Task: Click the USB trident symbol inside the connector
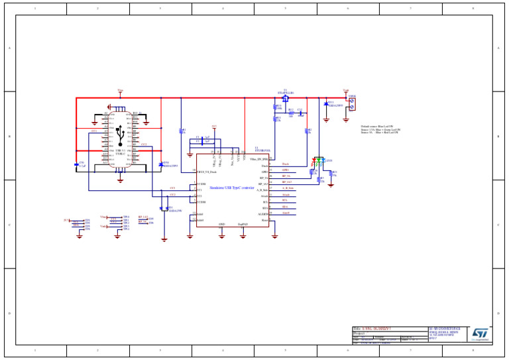(x=119, y=135)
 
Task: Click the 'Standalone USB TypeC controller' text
(x=231, y=188)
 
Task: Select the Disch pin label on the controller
(x=265, y=164)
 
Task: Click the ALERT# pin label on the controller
(x=263, y=214)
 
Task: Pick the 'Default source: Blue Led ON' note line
(x=377, y=126)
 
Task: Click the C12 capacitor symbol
(x=300, y=113)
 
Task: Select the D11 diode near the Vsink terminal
(x=326, y=104)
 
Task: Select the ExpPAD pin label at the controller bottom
(x=243, y=224)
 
